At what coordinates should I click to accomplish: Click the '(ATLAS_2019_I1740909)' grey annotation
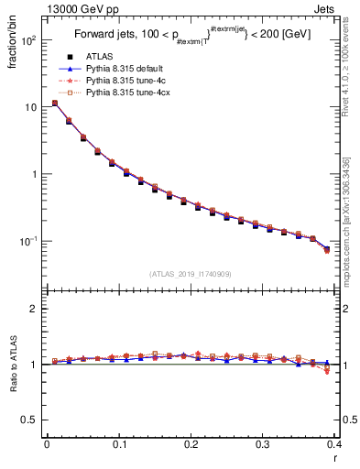point(190,273)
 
